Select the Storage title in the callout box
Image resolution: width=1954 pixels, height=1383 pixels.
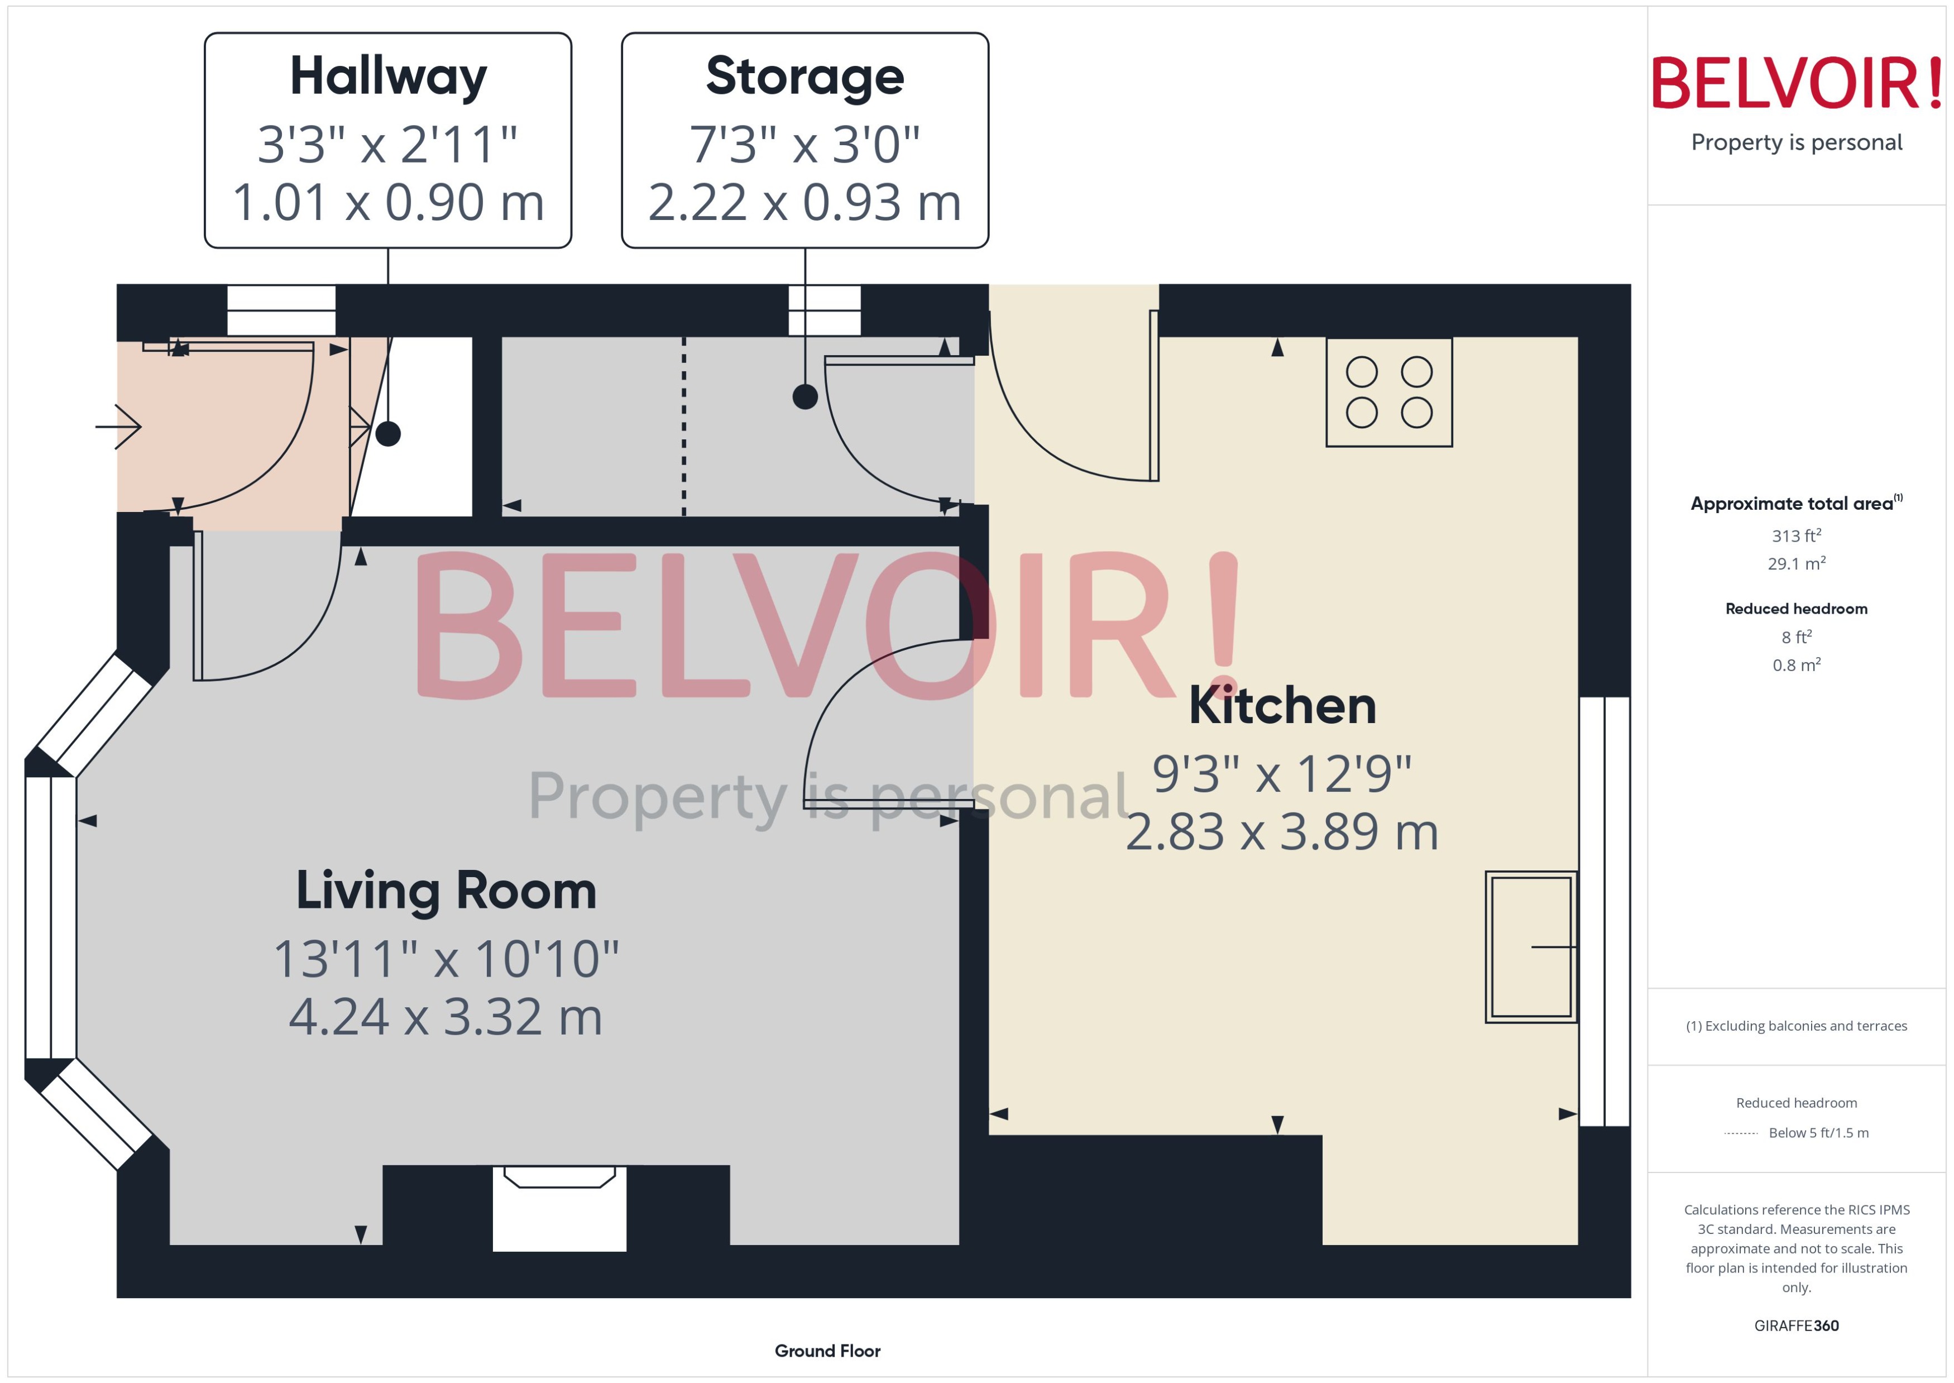click(804, 76)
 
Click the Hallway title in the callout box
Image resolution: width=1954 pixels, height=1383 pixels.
click(388, 76)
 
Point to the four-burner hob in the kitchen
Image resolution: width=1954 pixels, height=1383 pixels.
click(1388, 393)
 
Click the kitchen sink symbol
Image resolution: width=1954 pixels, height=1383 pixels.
click(1530, 946)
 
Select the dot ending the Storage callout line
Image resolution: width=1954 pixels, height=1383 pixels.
click(804, 397)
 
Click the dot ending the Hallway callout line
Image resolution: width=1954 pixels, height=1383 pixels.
click(388, 434)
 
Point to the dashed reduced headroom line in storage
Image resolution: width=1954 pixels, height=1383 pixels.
click(684, 426)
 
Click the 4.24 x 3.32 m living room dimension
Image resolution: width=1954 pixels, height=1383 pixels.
click(446, 1017)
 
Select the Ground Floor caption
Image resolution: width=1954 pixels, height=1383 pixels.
click(827, 1351)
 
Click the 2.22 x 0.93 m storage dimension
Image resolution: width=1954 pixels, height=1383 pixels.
click(804, 203)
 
